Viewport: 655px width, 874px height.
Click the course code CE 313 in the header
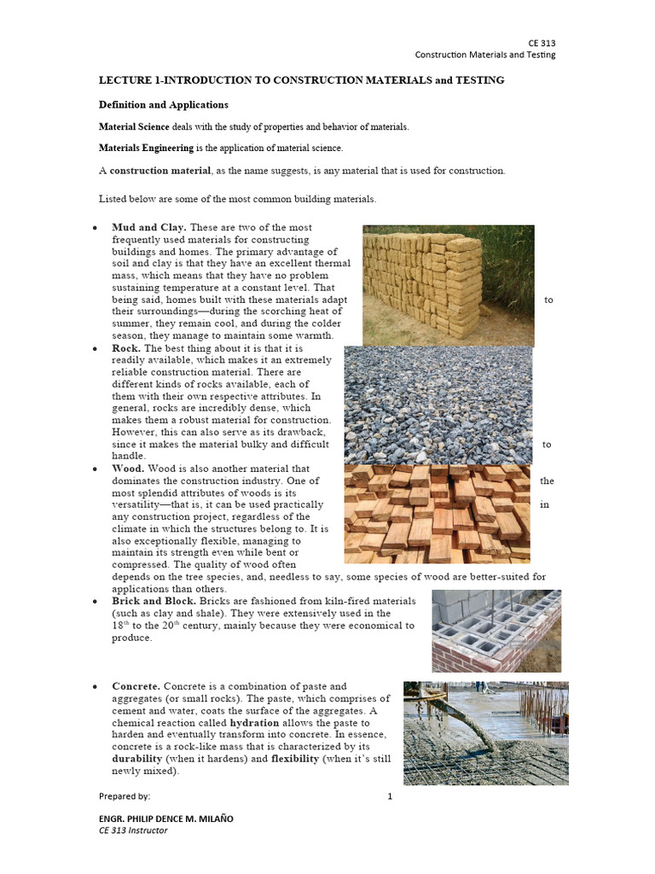(542, 42)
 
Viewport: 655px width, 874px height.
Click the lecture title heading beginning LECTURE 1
(302, 79)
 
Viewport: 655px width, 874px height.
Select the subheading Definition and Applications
(165, 105)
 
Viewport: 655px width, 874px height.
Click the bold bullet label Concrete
(136, 686)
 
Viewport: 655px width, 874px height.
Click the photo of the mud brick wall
(449, 285)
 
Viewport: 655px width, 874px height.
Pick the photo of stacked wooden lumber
(438, 514)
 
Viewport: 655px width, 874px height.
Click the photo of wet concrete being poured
(486, 732)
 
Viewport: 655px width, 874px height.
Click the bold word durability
(142, 758)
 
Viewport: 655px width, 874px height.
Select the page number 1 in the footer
(390, 796)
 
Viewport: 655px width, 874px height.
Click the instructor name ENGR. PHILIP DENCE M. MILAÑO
(166, 819)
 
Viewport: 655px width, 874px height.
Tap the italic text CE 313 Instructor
(133, 830)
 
